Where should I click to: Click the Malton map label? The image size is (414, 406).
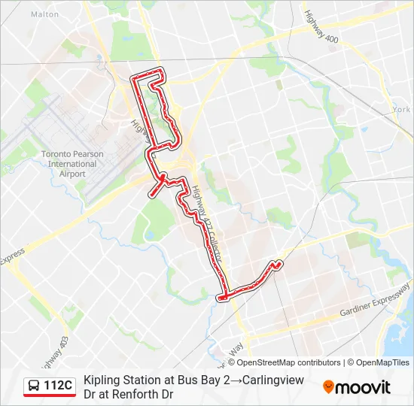pyautogui.click(x=45, y=14)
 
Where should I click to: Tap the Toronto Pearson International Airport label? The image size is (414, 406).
pyautogui.click(x=72, y=164)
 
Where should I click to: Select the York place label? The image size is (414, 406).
pyautogui.click(x=401, y=109)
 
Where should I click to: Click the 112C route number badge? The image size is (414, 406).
pyautogui.click(x=58, y=386)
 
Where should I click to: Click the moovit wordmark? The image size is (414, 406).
pyautogui.click(x=363, y=387)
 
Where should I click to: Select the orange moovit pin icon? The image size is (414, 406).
pyautogui.click(x=328, y=386)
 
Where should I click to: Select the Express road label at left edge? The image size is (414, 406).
pyautogui.click(x=12, y=259)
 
